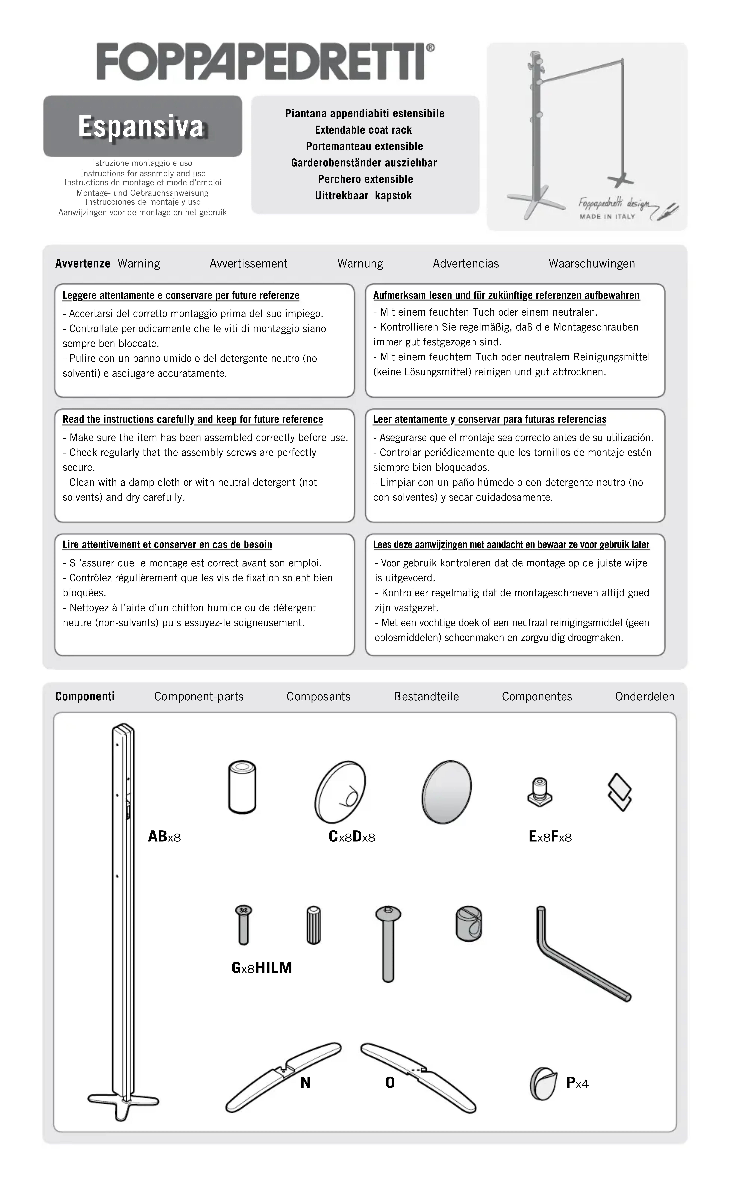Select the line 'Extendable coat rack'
tap(363, 130)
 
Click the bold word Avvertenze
tap(83, 264)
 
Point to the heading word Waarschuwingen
tap(591, 264)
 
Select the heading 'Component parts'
tap(198, 697)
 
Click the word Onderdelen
tap(645, 697)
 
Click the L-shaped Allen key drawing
tap(579, 953)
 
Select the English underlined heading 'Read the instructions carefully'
tap(193, 419)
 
